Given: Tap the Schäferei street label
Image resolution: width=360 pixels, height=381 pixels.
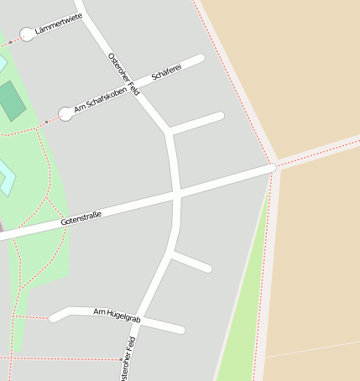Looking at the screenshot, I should (165, 74).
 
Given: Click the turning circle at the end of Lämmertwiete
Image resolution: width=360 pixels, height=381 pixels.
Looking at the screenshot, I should (28, 34).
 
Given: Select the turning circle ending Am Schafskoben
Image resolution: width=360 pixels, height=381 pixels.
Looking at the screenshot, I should (65, 113).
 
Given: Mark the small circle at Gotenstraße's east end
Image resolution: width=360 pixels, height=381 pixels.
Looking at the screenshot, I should (272, 168).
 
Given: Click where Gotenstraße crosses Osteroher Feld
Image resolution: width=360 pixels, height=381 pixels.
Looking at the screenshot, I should (177, 194).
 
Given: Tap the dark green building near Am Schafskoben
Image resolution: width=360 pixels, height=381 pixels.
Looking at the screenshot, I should (12, 101).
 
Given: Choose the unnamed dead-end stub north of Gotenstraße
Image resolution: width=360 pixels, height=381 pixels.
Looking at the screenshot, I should (198, 123).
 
